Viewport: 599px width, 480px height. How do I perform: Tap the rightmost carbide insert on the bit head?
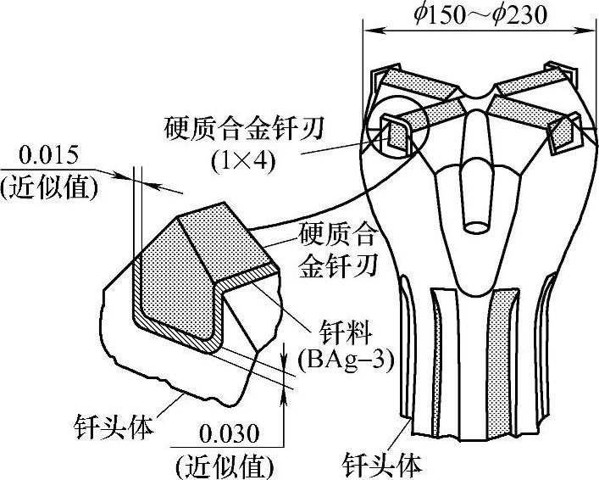click(x=563, y=133)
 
